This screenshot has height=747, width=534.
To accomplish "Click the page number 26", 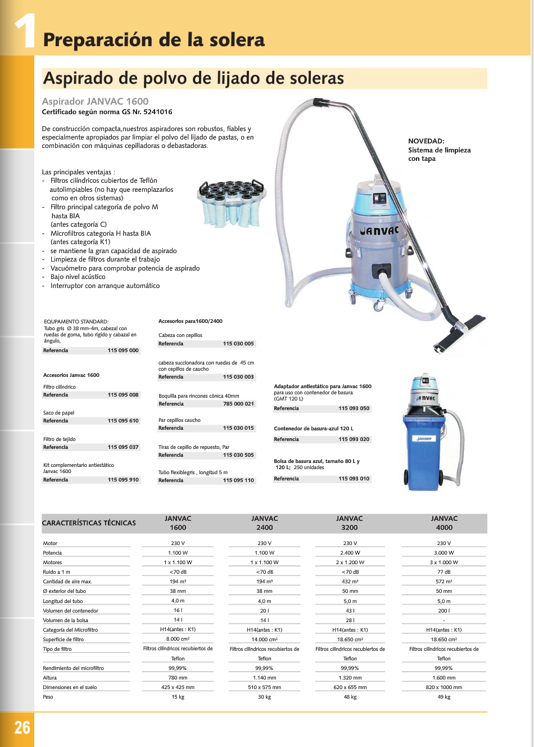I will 22,727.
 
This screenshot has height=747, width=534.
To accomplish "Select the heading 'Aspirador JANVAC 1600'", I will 96,101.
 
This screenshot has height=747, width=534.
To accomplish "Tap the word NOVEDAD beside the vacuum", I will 426,141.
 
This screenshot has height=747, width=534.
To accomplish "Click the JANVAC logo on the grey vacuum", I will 379,231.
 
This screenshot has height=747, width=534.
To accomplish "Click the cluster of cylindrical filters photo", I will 231,202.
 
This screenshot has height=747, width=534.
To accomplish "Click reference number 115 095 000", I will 123,350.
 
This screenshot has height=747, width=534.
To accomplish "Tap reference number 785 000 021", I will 238,404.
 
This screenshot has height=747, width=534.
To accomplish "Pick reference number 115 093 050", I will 354,408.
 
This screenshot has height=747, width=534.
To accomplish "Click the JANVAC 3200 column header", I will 350,523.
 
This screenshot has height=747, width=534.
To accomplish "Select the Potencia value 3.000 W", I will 444,553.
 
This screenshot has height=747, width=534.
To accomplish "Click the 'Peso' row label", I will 48,697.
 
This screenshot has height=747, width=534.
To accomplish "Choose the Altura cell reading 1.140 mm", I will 264,678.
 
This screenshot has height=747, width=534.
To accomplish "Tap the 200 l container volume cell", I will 444,611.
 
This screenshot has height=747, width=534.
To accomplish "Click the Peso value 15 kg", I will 178,697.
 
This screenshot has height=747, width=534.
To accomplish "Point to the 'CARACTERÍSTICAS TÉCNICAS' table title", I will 89,523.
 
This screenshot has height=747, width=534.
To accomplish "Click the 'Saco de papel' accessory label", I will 59,413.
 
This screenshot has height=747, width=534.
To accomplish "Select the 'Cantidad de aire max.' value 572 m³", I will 444,582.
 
